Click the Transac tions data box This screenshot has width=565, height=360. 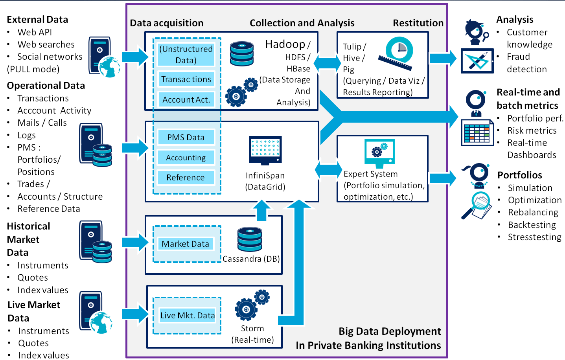(x=186, y=79)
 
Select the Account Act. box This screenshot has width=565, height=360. (x=186, y=100)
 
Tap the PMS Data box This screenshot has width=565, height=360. (x=186, y=138)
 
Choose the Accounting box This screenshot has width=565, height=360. (x=186, y=158)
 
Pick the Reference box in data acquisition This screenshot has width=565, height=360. (x=186, y=178)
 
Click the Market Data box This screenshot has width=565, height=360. (x=185, y=244)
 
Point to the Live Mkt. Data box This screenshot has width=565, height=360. (x=188, y=315)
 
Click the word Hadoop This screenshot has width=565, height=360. (x=285, y=44)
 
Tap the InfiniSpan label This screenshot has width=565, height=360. (x=265, y=176)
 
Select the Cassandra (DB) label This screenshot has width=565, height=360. (x=251, y=259)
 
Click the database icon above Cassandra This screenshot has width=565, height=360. (x=250, y=239)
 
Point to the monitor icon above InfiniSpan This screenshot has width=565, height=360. (x=265, y=150)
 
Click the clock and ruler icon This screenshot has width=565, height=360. (x=397, y=53)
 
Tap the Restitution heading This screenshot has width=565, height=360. (x=418, y=23)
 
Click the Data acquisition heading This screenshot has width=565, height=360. (x=167, y=23)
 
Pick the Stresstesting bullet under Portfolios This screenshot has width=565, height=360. (x=534, y=237)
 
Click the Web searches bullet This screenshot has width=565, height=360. (x=46, y=44)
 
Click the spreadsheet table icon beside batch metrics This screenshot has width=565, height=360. (x=477, y=133)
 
